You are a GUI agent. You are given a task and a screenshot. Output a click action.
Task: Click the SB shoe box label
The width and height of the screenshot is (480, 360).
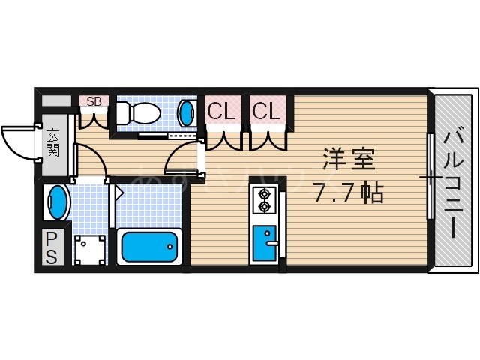coord(94,100)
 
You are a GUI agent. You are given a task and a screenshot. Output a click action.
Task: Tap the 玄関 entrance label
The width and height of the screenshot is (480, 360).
coord(54,142)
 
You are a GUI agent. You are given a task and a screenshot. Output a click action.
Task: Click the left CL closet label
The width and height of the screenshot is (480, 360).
coord(221,112)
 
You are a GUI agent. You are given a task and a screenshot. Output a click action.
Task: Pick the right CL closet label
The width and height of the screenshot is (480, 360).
coord(266,112)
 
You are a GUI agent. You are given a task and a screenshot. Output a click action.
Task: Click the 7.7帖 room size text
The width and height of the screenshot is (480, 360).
coord(348,194)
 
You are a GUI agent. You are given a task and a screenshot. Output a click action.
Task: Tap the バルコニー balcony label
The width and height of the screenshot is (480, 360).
coord(454,180)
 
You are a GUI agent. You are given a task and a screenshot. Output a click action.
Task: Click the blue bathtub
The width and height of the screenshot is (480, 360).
coord(150,246)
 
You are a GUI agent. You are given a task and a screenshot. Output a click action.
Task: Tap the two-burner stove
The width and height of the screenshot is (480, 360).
coord(264,200)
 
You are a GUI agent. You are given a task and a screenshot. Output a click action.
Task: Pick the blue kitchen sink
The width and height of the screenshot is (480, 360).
coord(264,241)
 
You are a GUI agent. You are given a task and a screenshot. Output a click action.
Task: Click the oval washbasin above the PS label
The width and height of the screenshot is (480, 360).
coord(57,203)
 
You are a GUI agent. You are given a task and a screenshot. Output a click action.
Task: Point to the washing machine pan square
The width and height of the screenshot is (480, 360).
coord(91,248)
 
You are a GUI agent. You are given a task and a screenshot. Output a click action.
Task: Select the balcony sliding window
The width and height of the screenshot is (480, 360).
coord(430,176)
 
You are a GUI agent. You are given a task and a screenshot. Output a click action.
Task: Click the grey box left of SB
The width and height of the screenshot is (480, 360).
coord(56,100)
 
